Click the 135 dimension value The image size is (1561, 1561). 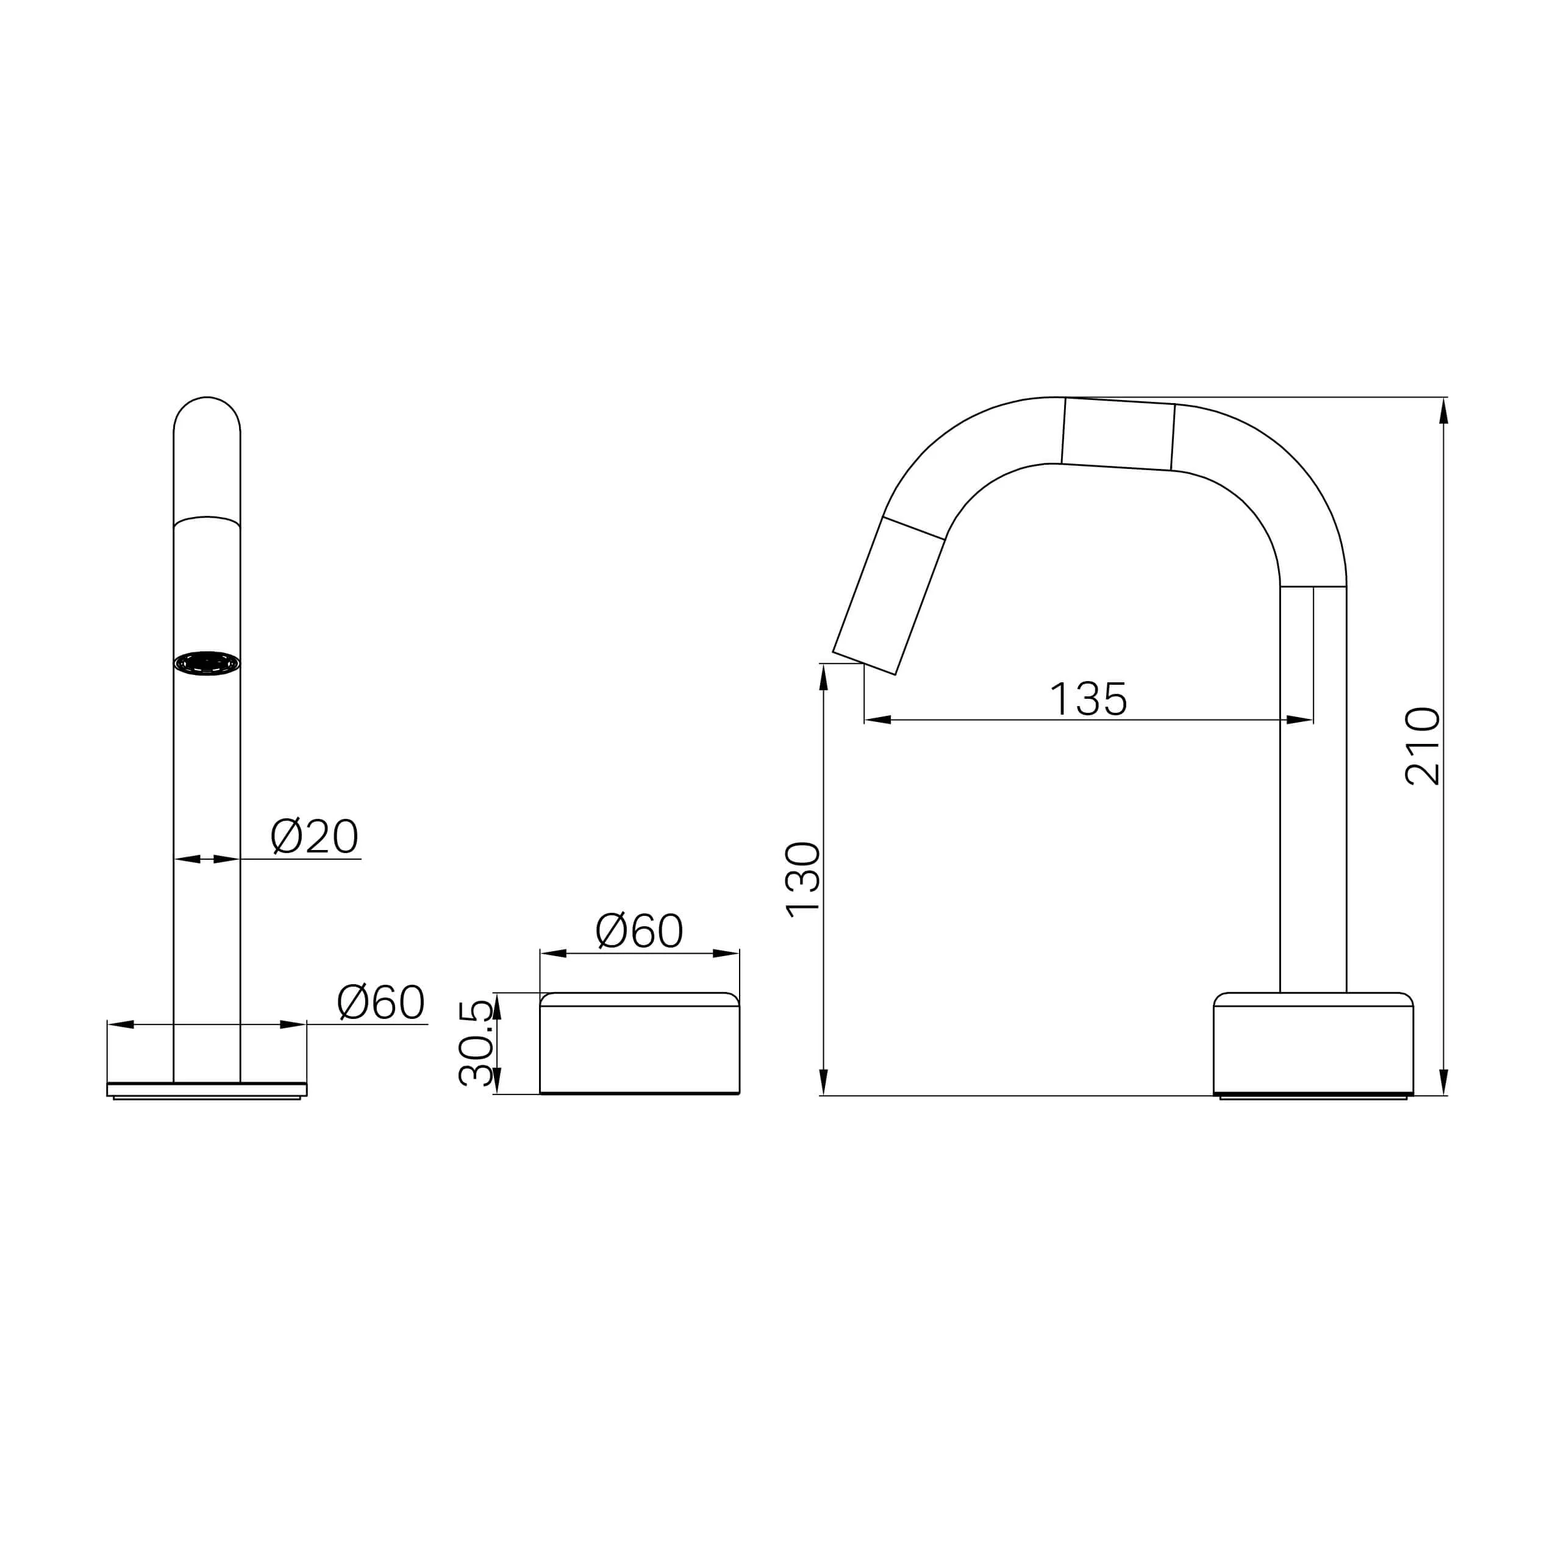pos(1088,699)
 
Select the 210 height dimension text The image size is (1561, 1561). pos(1423,746)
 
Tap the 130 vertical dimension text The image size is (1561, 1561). pos(802,879)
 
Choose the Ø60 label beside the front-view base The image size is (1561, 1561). pos(380,1002)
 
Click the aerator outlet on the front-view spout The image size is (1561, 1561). pos(207,663)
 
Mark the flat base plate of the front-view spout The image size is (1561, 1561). pos(207,1090)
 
